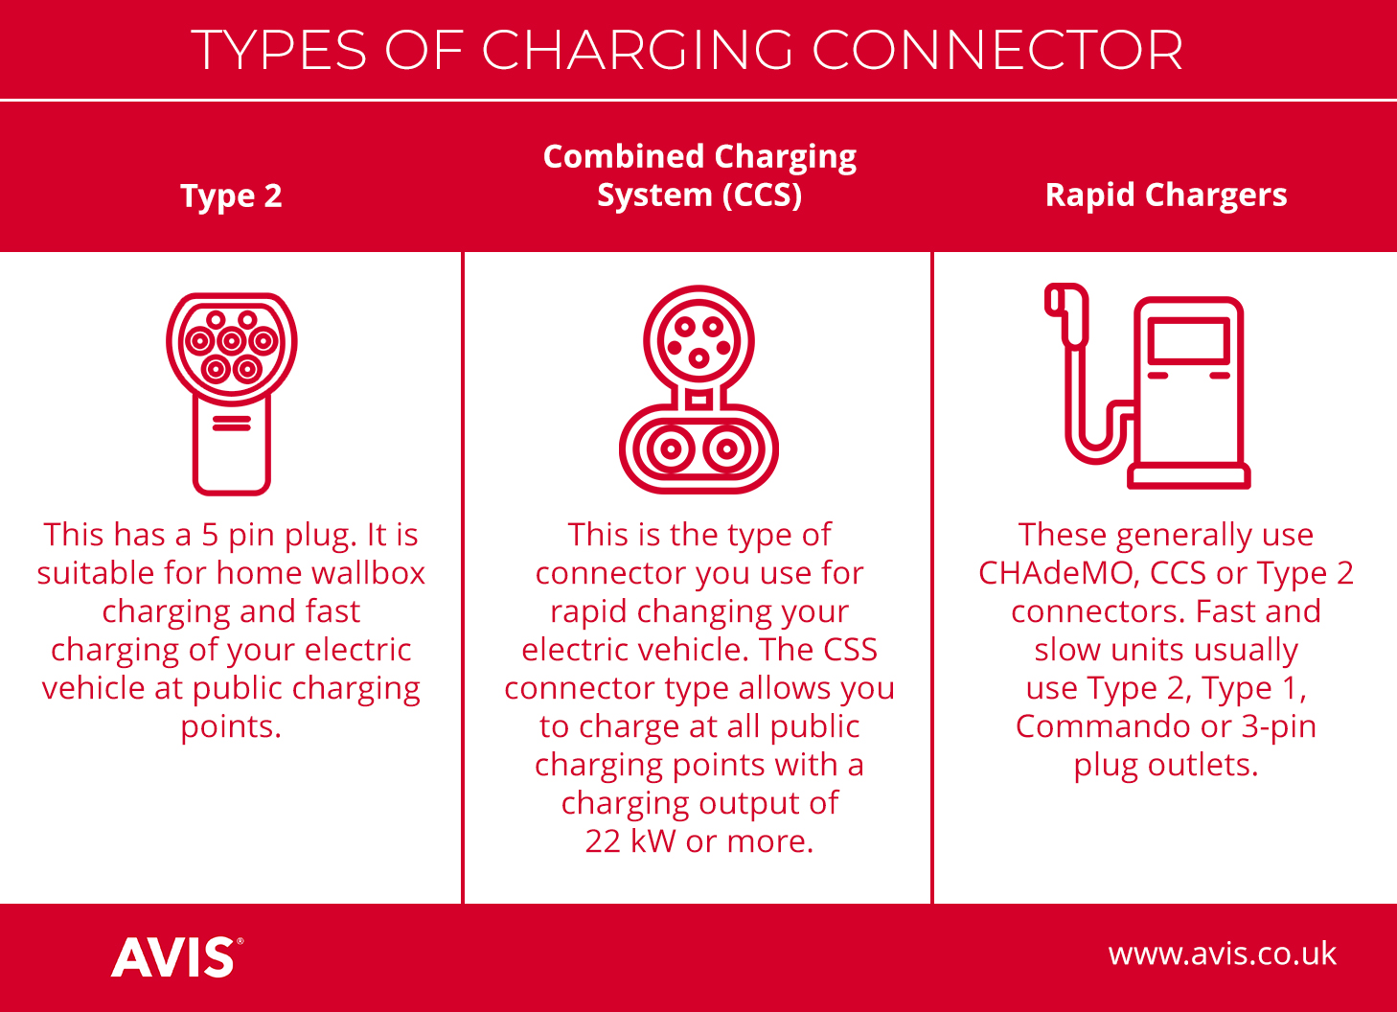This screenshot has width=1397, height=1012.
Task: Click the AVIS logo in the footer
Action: pyautogui.click(x=177, y=956)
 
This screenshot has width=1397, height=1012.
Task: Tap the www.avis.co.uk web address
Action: pyautogui.click(x=1223, y=954)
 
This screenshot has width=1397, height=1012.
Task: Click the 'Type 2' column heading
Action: pyautogui.click(x=231, y=196)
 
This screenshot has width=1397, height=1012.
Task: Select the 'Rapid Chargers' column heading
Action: pyautogui.click(x=1166, y=195)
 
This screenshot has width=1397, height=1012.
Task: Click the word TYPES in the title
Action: pyautogui.click(x=279, y=50)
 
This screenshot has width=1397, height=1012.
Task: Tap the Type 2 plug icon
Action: pyautogui.click(x=231, y=394)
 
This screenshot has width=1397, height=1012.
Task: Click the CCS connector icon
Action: pyautogui.click(x=698, y=389)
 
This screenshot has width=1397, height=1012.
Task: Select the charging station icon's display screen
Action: pyautogui.click(x=1189, y=340)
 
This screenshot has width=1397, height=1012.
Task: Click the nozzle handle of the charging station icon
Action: pyautogui.click(x=1067, y=314)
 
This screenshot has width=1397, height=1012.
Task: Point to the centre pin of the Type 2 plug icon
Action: pyautogui.click(x=231, y=341)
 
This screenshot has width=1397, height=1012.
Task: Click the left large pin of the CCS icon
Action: pyautogui.click(x=671, y=448)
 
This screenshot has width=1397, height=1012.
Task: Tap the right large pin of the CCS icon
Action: pyautogui.click(x=726, y=448)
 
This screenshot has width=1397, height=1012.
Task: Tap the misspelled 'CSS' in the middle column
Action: pyautogui.click(x=850, y=650)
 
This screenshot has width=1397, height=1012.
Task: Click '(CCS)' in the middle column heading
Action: pyautogui.click(x=762, y=195)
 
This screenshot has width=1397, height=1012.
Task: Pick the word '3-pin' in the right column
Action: pyautogui.click(x=1278, y=727)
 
